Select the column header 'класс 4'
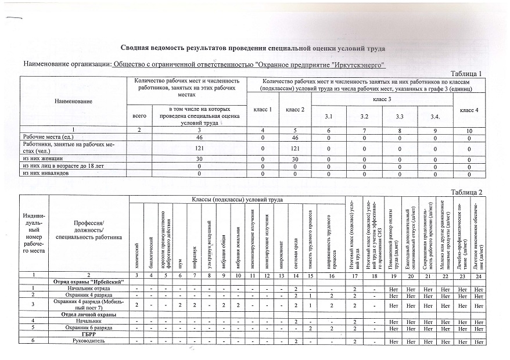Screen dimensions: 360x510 tap(469, 110)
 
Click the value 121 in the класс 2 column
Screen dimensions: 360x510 tap(295, 148)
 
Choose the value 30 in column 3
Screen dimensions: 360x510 tap(199, 158)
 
